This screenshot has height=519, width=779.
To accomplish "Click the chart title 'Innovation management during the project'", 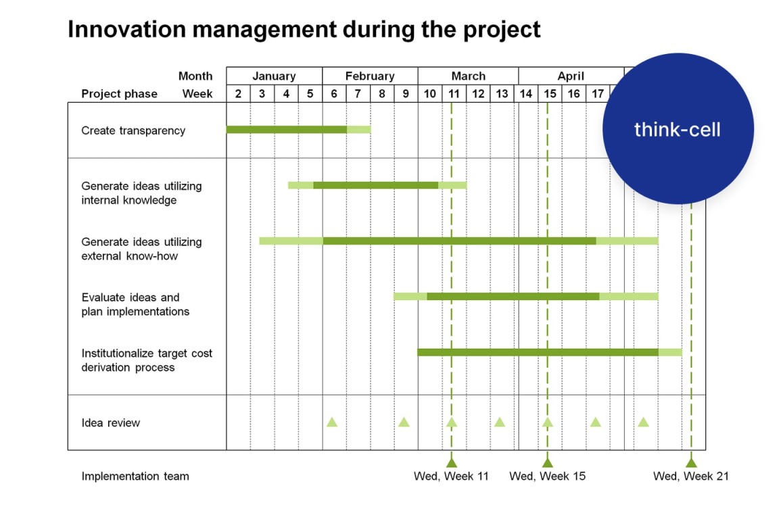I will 304,30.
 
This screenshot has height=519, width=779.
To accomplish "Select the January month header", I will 274,76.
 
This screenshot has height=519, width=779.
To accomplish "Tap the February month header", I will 370,76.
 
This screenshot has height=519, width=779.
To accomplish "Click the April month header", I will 571,76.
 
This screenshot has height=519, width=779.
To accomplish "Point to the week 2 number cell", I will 238,94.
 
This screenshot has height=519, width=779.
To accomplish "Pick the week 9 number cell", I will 406,94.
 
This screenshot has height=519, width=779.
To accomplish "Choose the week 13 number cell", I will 502,94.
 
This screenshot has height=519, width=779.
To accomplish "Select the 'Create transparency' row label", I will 133,130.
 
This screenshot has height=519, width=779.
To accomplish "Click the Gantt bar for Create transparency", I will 298,130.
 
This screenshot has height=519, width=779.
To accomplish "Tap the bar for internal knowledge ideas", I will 377,185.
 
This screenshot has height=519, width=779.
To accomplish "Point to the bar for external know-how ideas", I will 458,241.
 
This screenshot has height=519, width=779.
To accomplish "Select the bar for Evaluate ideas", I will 525,296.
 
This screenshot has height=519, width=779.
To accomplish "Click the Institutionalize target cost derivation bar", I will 549,352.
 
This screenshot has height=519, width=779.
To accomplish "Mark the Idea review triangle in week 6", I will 332,422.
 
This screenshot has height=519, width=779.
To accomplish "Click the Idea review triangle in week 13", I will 500,422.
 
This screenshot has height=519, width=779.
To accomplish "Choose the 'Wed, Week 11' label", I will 451,476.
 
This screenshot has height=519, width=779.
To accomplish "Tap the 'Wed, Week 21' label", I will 690,476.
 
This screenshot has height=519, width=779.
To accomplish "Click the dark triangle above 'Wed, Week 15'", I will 548,463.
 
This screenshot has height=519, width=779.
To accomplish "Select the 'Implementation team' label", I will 135,476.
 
